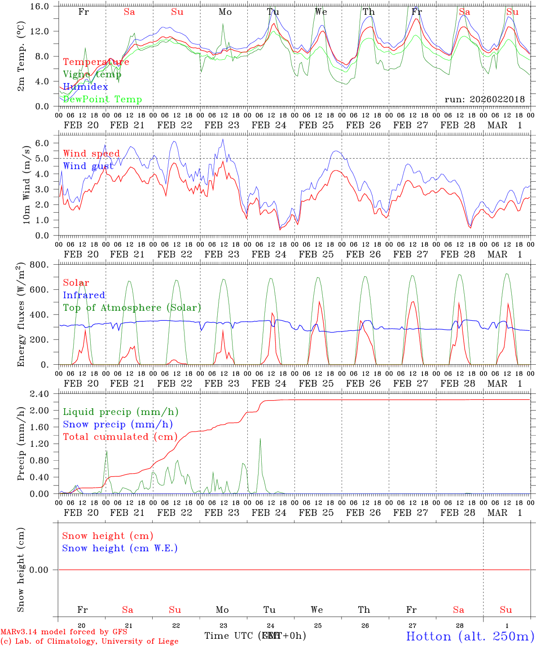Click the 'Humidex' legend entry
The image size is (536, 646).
click(x=85, y=87)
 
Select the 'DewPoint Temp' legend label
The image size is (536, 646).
click(x=102, y=99)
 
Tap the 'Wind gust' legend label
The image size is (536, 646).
click(x=88, y=166)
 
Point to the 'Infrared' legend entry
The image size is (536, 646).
click(x=84, y=295)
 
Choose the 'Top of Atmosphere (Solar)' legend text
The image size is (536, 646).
click(x=132, y=308)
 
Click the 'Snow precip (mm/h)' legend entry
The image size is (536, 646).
click(x=118, y=424)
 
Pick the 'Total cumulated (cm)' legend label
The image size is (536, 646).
click(x=120, y=437)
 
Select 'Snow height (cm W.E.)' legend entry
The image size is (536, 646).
click(x=120, y=548)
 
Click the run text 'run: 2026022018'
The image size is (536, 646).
click(x=484, y=99)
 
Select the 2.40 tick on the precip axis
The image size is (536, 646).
click(x=42, y=394)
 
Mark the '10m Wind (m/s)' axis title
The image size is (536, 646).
click(x=26, y=185)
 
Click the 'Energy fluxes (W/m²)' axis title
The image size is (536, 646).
click(x=21, y=315)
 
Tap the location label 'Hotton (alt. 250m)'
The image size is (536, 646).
click(x=470, y=636)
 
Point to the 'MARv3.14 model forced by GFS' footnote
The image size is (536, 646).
click(x=64, y=632)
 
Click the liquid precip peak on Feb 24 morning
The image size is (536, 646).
click(x=260, y=439)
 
